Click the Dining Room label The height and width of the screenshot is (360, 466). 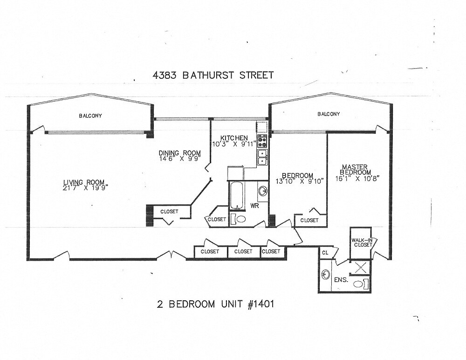(179, 153)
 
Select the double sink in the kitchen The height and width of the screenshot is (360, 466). (262, 157)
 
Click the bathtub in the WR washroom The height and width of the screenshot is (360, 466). (236, 195)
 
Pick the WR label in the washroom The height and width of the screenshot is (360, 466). (255, 205)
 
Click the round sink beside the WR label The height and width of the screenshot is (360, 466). (263, 191)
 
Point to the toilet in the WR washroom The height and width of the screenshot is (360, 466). (240, 219)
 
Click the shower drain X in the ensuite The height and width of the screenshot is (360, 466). (360, 267)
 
